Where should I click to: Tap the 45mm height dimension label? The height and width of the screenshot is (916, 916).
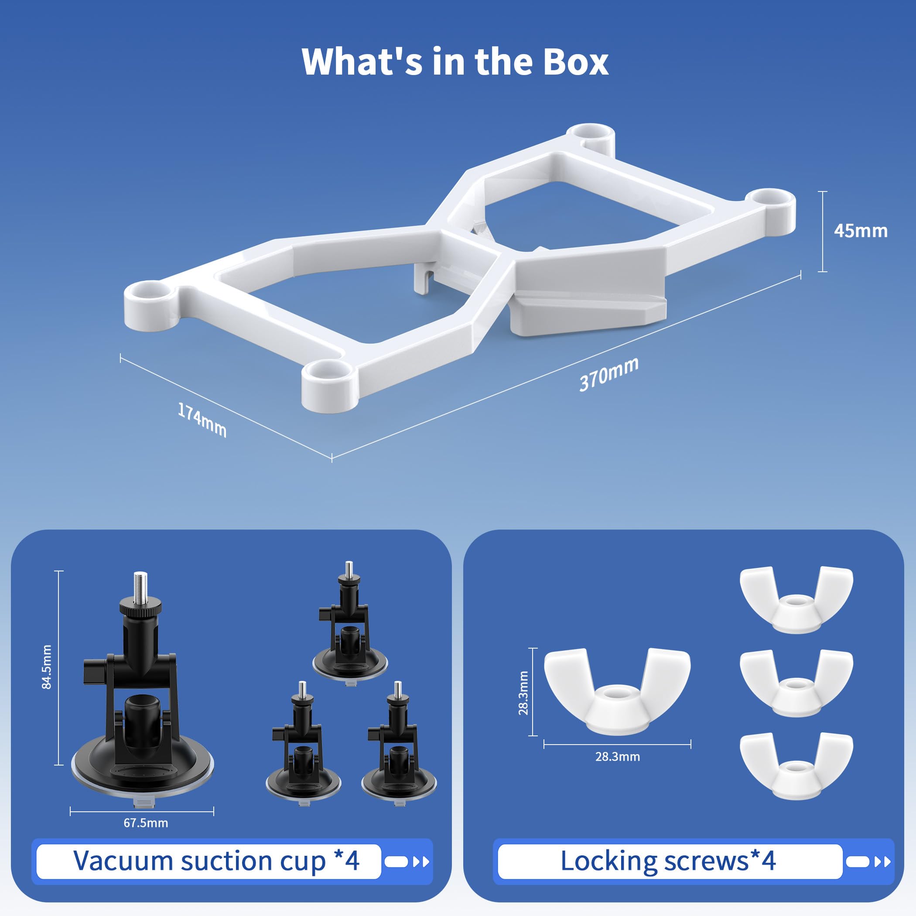tap(860, 231)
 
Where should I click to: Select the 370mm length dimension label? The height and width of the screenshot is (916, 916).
tap(609, 374)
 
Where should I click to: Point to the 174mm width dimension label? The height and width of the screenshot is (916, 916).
tap(202, 419)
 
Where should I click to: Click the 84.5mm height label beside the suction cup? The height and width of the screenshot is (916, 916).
tap(47, 666)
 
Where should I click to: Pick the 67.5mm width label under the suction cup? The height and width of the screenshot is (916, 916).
tap(146, 823)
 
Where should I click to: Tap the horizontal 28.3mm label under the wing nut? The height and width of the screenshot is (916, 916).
tap(617, 756)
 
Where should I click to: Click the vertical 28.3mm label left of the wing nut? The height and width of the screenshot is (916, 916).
tap(523, 693)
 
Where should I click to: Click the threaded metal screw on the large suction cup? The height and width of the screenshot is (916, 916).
tap(140, 588)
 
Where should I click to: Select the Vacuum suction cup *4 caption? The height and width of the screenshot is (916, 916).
tap(216, 860)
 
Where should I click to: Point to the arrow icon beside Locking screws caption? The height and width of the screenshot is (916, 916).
tap(882, 861)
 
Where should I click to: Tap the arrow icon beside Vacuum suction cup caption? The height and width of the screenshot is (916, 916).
tap(420, 861)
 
